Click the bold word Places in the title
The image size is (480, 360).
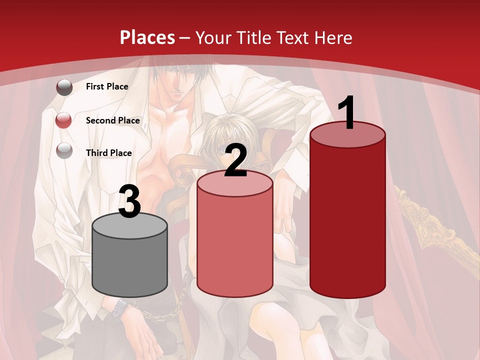click(x=147, y=37)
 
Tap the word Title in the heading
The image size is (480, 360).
click(x=252, y=37)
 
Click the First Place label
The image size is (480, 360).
click(x=107, y=86)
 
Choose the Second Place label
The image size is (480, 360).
click(x=112, y=120)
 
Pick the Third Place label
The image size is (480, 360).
click(x=108, y=153)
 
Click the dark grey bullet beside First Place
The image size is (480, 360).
click(x=64, y=87)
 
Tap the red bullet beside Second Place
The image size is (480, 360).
click(x=64, y=120)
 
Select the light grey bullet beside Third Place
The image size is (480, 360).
click(x=64, y=150)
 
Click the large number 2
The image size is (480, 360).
click(x=236, y=160)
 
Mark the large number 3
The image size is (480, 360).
click(x=130, y=201)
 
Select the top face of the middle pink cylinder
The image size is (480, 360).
click(x=235, y=183)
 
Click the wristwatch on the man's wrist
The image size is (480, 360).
click(x=121, y=306)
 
